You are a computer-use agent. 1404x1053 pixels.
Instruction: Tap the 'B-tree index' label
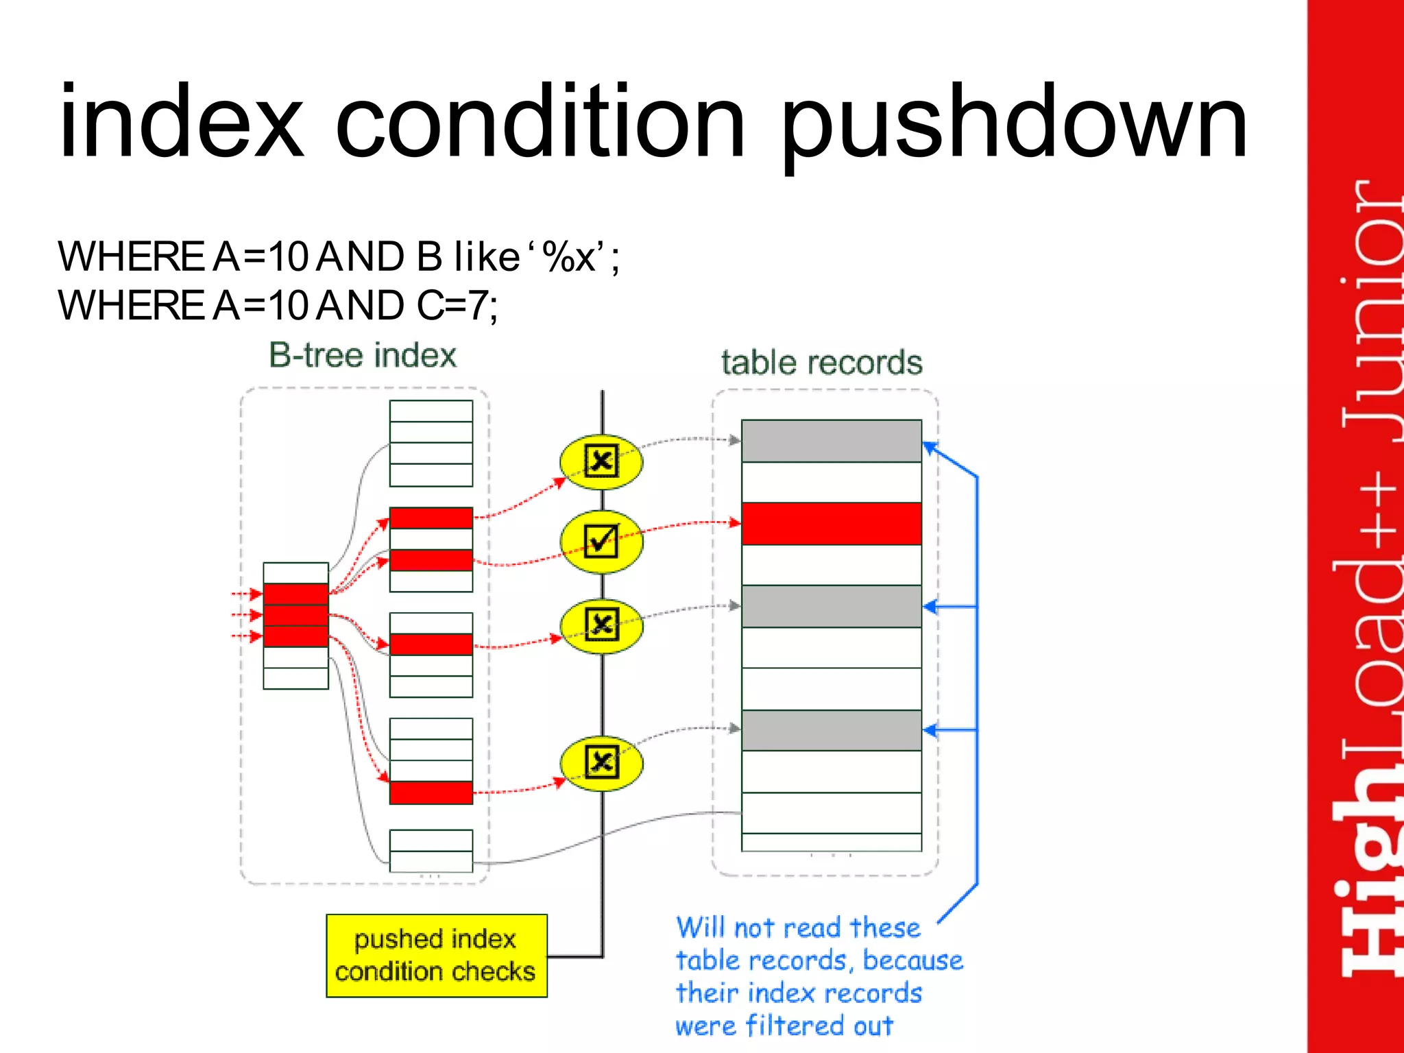click(x=363, y=356)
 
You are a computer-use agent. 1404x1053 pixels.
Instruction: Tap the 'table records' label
click(x=821, y=363)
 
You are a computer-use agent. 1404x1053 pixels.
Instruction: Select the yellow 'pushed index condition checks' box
click(x=436, y=956)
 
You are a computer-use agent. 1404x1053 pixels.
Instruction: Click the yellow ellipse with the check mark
click(x=601, y=541)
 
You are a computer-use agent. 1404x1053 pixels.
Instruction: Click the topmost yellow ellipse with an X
click(x=601, y=461)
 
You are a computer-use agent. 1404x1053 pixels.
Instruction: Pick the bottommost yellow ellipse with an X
click(x=601, y=762)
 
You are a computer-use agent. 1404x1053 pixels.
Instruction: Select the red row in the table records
click(x=831, y=524)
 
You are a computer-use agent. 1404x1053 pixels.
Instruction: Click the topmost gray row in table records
click(x=831, y=441)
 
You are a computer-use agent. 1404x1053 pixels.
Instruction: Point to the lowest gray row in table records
click(x=831, y=731)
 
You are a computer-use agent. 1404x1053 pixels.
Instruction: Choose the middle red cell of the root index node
click(x=295, y=615)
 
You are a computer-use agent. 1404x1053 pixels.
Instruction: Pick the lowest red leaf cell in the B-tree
click(x=431, y=792)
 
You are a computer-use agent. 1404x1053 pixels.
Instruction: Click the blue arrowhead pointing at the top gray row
click(x=930, y=448)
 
